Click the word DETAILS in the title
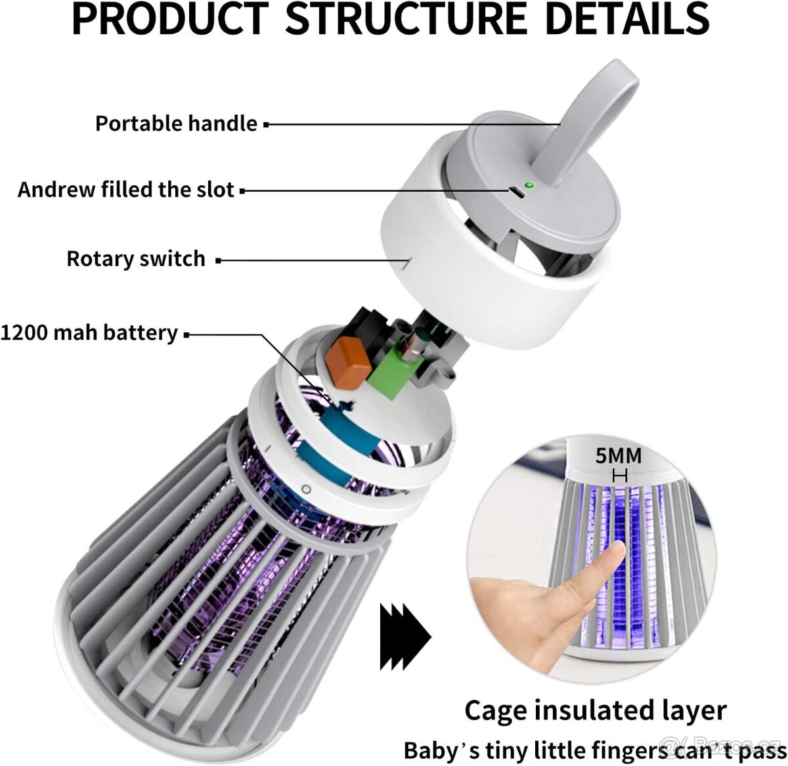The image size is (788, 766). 626,20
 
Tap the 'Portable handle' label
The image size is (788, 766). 176,124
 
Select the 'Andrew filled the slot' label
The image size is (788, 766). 126,190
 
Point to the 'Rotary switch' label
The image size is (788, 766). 136,259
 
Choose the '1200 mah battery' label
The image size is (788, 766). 89,333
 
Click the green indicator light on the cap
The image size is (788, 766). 529,186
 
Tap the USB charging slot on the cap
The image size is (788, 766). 515,192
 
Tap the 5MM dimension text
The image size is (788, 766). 618,455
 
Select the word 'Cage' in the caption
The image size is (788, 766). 496,711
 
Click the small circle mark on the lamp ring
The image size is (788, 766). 306,489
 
